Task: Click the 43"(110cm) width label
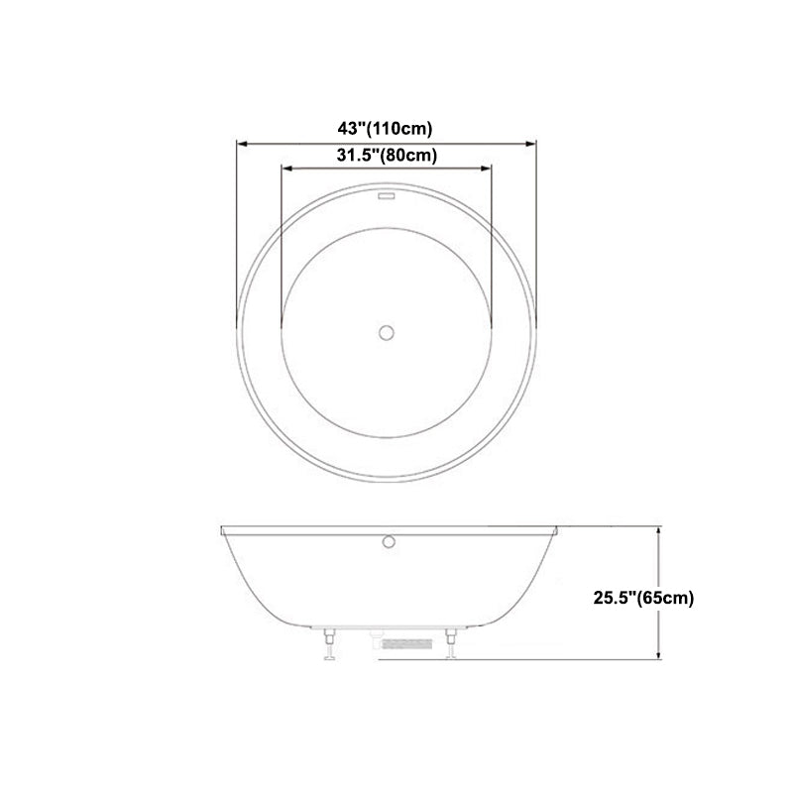coord(386,128)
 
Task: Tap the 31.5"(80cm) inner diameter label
coord(386,155)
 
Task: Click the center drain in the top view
coord(387,331)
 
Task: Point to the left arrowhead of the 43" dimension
coord(239,142)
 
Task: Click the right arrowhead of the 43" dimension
coord(533,142)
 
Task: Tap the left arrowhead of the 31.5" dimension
coord(285,169)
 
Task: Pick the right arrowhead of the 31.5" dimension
coord(489,169)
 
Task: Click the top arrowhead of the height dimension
coord(658,532)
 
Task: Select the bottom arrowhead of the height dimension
coord(658,655)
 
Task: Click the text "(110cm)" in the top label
coord(404,128)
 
